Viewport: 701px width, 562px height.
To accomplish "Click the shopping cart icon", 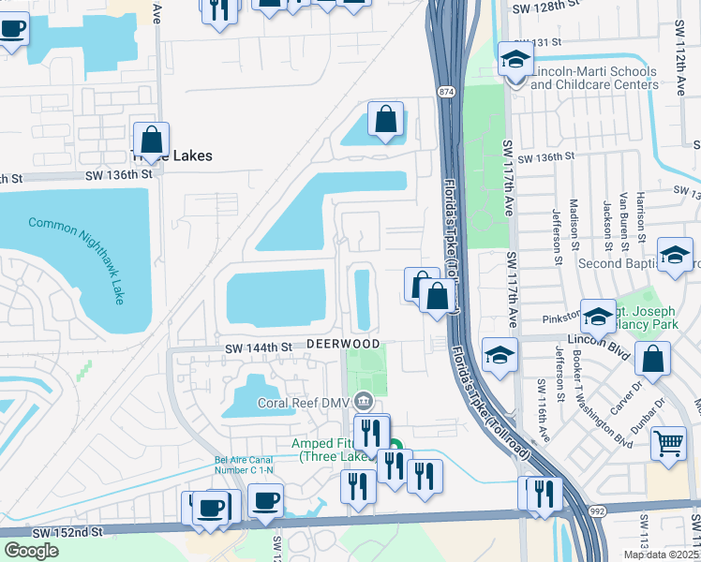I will (x=667, y=442).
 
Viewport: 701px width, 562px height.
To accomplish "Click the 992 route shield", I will (x=596, y=511).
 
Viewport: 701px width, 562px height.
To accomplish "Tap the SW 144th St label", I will (x=259, y=348).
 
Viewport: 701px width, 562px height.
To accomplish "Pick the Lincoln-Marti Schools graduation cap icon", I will (x=515, y=60).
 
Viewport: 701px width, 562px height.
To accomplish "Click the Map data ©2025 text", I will (x=661, y=555).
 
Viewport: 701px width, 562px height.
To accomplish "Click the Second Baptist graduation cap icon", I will (x=675, y=255).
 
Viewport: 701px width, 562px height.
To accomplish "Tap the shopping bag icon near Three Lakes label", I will (x=151, y=140).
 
